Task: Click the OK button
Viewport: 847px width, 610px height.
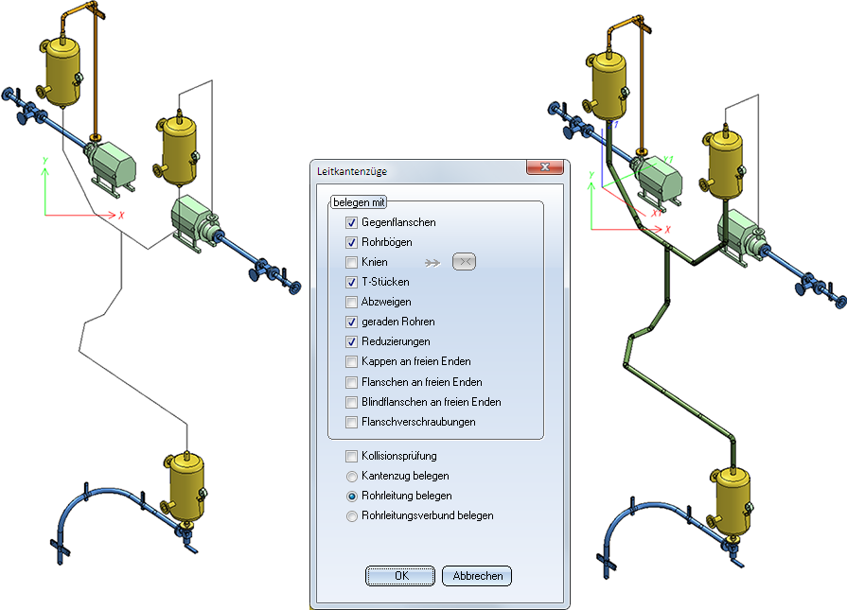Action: [x=400, y=575]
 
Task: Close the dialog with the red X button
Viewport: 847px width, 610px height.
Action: [x=544, y=167]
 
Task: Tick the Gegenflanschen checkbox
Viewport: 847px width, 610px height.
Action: [x=352, y=222]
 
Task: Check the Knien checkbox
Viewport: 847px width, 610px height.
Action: [x=352, y=262]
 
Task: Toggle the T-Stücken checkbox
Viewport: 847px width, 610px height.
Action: [x=352, y=283]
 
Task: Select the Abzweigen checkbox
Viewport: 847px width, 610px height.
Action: [x=352, y=303]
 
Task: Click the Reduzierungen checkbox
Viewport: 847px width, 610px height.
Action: [x=352, y=341]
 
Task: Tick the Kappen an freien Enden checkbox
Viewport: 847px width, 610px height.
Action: [x=352, y=361]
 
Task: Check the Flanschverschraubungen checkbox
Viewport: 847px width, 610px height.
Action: [x=352, y=422]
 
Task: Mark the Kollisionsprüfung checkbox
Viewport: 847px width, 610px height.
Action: [x=352, y=456]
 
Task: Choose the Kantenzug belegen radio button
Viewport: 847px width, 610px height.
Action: [x=352, y=476]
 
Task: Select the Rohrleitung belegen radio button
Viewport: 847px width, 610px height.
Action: [x=352, y=497]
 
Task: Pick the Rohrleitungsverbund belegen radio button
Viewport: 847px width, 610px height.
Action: [x=352, y=516]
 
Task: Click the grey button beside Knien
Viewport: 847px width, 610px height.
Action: [x=464, y=262]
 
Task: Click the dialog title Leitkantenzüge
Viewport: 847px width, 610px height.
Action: [x=352, y=172]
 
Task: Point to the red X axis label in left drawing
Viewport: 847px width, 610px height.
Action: [x=121, y=215]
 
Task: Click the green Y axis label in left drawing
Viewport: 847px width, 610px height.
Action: [x=45, y=161]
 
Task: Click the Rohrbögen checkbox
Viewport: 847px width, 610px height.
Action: [x=352, y=242]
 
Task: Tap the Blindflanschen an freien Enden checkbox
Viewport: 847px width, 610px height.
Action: [x=352, y=402]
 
